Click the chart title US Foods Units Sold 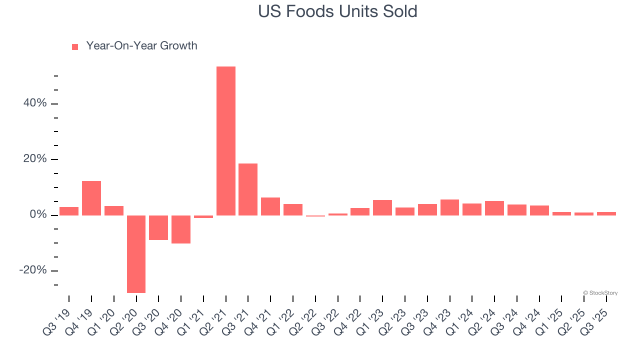click(337, 11)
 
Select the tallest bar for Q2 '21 click(225, 141)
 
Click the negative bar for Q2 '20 click(136, 254)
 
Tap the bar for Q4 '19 click(91, 198)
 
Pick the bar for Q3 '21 click(248, 189)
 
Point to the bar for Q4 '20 click(181, 229)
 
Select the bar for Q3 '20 click(158, 227)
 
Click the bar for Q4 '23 click(449, 207)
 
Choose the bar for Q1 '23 click(382, 207)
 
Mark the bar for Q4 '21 click(270, 206)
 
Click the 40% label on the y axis click(35, 103)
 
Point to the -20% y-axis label click(33, 270)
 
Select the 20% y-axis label click(35, 159)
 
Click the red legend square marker click(75, 46)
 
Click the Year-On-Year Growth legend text click(141, 46)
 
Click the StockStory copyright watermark click(600, 293)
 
